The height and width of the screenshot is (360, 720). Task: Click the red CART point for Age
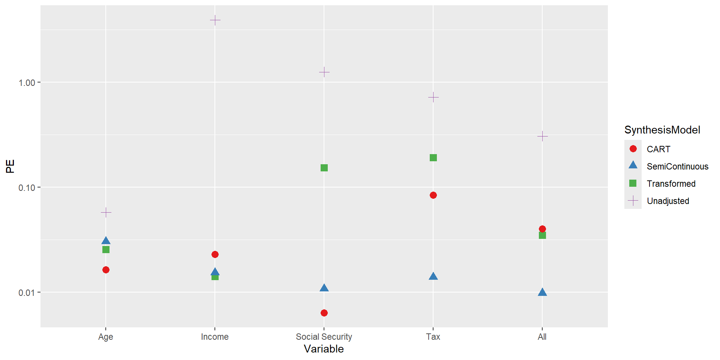point(106,270)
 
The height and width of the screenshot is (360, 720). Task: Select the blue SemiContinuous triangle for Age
point(106,241)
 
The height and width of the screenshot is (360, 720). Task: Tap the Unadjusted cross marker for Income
point(215,20)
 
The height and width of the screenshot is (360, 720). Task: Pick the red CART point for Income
point(215,254)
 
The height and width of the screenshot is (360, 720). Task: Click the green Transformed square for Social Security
point(324,168)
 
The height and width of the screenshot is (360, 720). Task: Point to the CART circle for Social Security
point(324,313)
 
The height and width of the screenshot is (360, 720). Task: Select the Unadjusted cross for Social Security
point(324,72)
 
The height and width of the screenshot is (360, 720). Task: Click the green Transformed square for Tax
point(433,157)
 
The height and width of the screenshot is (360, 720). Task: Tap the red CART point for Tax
point(433,195)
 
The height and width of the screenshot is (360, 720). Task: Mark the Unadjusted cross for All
point(542,136)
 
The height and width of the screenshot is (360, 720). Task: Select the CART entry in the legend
point(658,149)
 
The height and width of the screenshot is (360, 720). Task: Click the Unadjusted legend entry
point(667,201)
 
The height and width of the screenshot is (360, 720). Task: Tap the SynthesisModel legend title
point(662,130)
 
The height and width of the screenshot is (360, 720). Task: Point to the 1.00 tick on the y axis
point(27,82)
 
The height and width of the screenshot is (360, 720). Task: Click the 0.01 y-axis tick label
point(27,292)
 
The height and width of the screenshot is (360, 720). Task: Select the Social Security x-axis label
point(324,337)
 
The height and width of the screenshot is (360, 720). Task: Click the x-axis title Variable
point(324,349)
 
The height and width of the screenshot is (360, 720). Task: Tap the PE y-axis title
point(10,166)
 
